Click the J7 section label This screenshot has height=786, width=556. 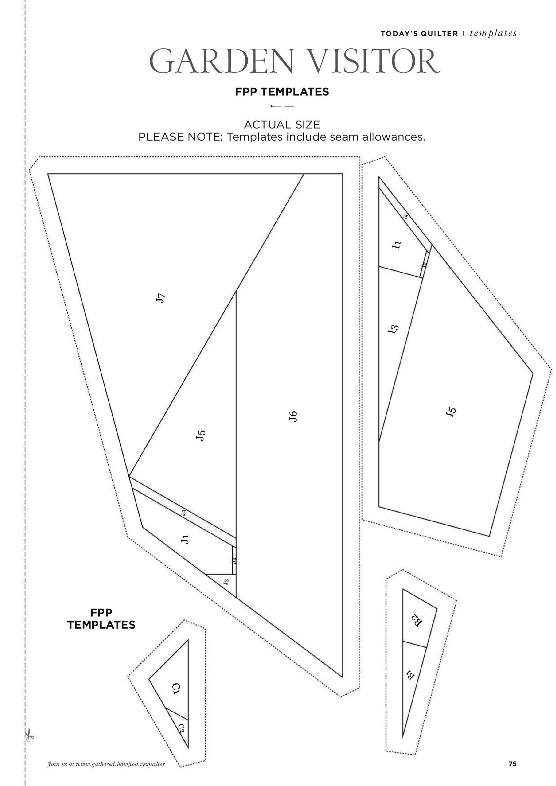(160, 298)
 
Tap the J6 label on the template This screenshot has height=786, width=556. (293, 416)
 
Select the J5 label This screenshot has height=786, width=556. (201, 435)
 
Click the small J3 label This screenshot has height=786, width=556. (226, 582)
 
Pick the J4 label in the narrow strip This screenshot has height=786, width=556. (184, 513)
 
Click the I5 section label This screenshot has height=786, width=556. (451, 411)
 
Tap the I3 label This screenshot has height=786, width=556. (393, 329)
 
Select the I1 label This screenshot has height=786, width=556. (396, 245)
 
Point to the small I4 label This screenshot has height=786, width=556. (406, 216)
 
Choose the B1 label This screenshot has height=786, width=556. (410, 675)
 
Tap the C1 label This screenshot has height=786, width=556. (176, 688)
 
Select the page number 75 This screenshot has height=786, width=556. (512, 764)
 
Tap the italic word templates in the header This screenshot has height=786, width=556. (493, 33)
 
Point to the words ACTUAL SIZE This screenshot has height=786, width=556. (282, 124)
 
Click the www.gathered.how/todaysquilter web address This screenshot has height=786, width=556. (120, 764)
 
